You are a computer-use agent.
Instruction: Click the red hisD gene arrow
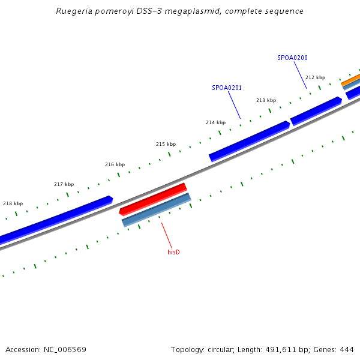154,199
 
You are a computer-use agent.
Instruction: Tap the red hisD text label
173,252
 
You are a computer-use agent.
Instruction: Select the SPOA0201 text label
227,88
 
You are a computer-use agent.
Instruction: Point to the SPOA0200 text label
292,58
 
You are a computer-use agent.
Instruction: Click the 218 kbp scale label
13,203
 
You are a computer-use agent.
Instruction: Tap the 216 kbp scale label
115,164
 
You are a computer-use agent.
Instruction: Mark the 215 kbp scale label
166,144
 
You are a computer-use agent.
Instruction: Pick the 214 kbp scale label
215,122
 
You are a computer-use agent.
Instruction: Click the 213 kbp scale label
266,100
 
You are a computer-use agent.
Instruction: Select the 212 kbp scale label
315,77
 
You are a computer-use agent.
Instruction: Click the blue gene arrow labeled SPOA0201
249,141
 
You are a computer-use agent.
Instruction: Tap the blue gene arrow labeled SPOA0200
316,110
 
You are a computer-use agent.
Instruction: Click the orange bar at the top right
352,80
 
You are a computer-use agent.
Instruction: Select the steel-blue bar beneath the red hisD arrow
157,209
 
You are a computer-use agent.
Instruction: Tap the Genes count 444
346,349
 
